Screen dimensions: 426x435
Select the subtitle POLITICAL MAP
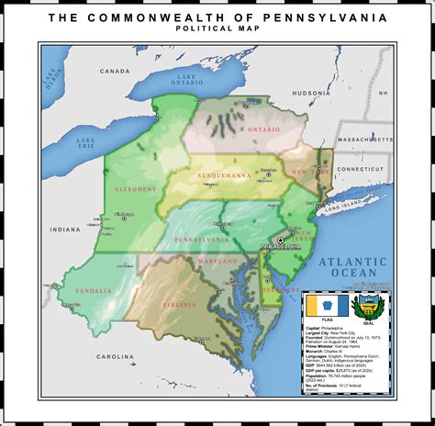point(217,28)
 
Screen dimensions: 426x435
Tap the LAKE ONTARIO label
point(187,80)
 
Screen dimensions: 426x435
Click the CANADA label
point(115,71)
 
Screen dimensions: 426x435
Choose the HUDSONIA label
point(310,93)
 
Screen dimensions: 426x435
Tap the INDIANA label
point(65,229)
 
